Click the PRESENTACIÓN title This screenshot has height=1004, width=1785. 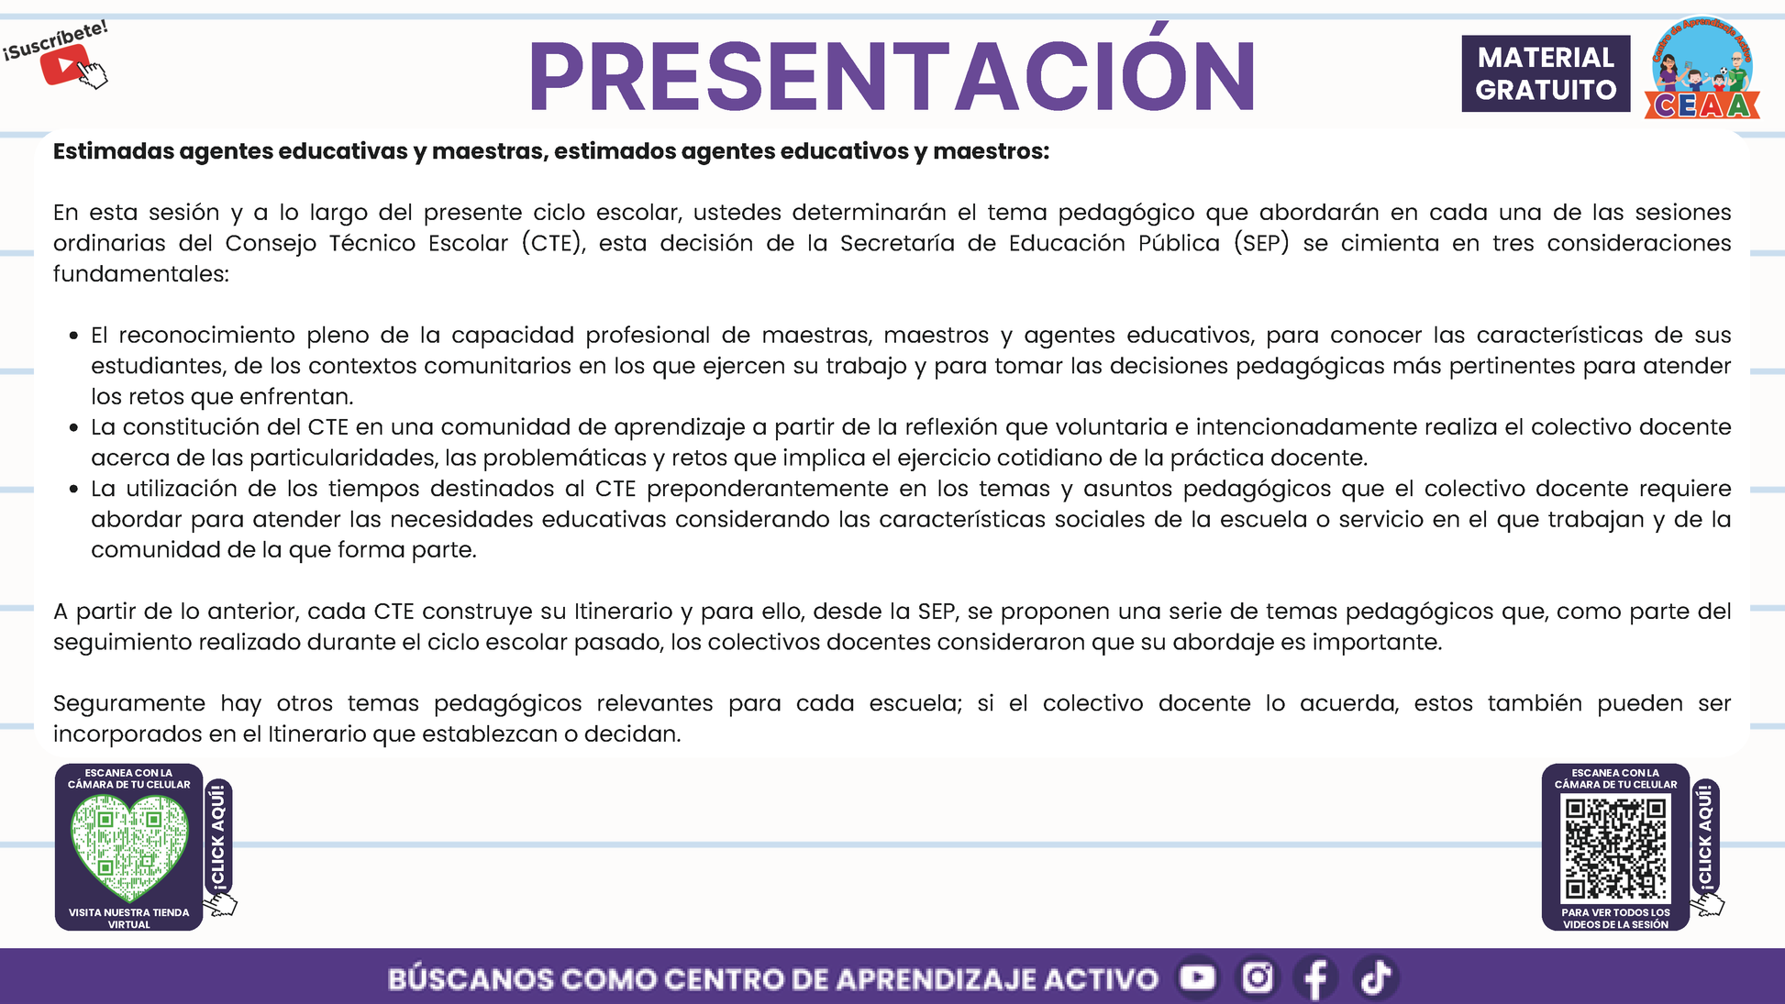click(892, 73)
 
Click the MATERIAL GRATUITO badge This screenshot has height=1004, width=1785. click(1546, 73)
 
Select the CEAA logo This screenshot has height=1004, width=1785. click(1702, 68)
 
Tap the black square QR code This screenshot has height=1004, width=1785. click(1615, 848)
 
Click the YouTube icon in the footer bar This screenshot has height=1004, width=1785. click(1197, 977)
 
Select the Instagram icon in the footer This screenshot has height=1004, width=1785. click(1258, 977)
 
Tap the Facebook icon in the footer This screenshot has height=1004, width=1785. click(1315, 978)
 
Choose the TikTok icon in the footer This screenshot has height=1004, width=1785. click(1375, 977)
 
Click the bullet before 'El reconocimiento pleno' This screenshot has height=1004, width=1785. click(74, 336)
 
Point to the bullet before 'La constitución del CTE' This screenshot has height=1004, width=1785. click(74, 427)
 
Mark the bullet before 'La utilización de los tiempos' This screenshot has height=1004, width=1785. click(74, 489)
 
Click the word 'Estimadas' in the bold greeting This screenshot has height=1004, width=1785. click(114, 151)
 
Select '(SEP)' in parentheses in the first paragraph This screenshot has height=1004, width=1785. click(1261, 243)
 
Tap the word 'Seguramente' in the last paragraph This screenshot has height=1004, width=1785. click(129, 704)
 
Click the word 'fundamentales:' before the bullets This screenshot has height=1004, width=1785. click(141, 273)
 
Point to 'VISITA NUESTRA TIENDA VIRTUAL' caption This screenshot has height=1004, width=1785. click(129, 918)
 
